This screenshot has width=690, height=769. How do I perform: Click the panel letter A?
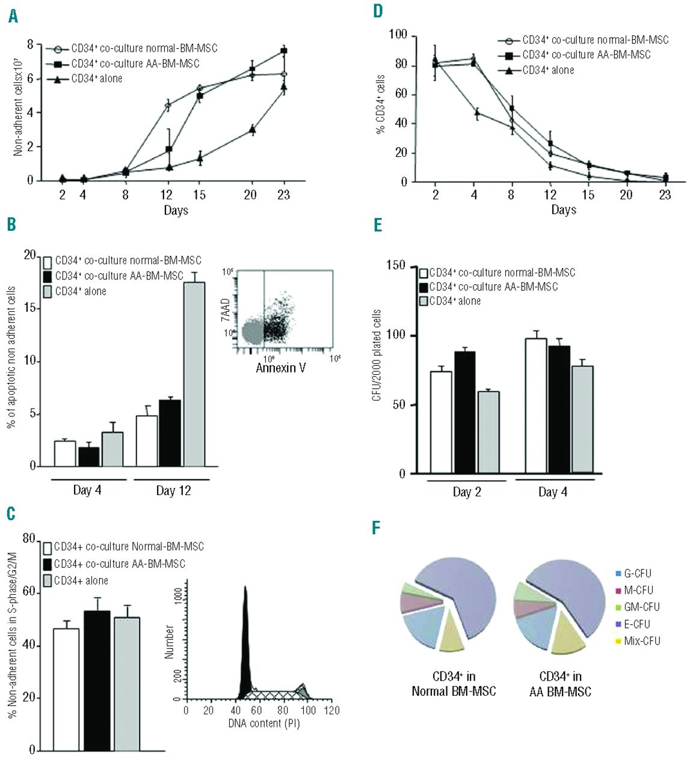tap(13, 16)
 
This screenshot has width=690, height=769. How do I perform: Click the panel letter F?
tap(377, 528)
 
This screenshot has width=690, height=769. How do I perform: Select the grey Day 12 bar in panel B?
tap(194, 374)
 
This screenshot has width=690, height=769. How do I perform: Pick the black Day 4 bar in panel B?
tap(90, 457)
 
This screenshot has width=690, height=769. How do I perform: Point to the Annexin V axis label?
tap(281, 367)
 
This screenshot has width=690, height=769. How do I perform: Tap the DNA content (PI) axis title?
tap(263, 723)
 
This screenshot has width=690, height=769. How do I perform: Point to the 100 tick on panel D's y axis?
tap(398, 35)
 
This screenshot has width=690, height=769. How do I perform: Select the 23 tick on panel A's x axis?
tap(283, 195)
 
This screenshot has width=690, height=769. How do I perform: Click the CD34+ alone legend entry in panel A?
tap(96, 79)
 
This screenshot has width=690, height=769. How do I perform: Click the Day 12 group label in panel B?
tap(173, 491)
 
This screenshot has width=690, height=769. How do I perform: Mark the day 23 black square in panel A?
tap(284, 51)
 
